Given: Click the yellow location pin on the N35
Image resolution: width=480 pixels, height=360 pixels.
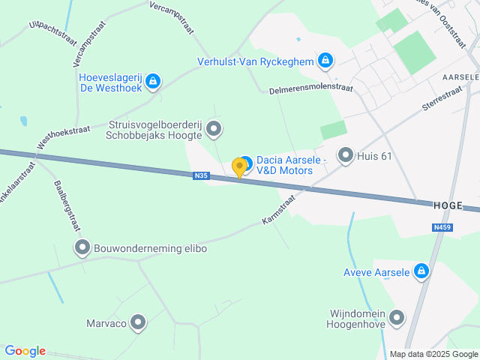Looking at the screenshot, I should [240, 167].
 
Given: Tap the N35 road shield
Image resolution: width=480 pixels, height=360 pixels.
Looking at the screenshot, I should [199, 176].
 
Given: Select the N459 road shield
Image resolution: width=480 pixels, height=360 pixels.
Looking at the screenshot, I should [442, 227].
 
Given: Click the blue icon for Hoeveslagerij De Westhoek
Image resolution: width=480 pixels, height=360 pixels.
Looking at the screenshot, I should [153, 81].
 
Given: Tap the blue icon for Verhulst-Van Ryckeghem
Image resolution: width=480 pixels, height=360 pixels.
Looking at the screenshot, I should [325, 60].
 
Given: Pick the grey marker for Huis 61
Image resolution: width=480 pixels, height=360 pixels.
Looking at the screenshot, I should [345, 155].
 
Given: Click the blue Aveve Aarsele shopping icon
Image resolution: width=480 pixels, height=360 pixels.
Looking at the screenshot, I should [421, 271].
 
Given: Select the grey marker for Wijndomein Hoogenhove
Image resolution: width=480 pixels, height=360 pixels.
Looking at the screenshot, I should [397, 319].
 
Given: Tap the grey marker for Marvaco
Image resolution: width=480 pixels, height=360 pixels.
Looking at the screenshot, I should [138, 322].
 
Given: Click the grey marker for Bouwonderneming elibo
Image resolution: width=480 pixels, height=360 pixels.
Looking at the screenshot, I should [82, 247].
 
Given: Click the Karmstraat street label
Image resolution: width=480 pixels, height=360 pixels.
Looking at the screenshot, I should [279, 210].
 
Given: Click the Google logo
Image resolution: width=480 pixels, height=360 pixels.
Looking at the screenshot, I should [25, 351].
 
